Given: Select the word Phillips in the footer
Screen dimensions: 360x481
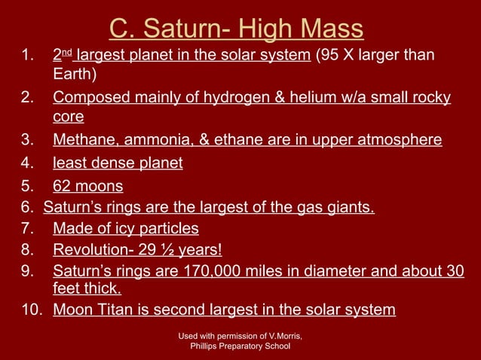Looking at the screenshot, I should [208, 346].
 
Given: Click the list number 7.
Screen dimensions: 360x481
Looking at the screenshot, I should [27, 228].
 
